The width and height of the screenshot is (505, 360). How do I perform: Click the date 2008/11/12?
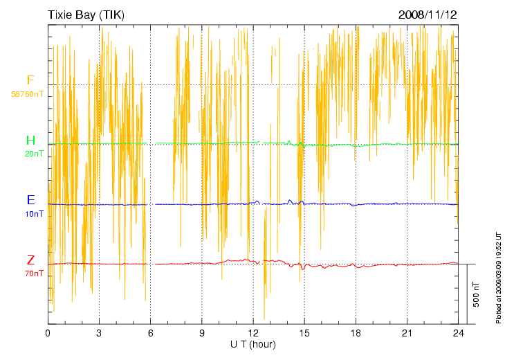[x=428, y=15]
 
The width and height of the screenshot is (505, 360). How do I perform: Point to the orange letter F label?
[x=30, y=80]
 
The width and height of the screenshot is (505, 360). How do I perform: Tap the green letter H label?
[x=30, y=141]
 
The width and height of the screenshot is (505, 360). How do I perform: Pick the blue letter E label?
[x=30, y=200]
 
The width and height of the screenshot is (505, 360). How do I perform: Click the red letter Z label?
[x=30, y=260]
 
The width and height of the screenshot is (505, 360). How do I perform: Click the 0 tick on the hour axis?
[x=48, y=333]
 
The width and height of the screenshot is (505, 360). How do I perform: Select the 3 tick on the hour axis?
[x=99, y=333]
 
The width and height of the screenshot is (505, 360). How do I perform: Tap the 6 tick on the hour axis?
[x=151, y=333]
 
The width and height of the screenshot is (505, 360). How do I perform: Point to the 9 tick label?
[x=202, y=333]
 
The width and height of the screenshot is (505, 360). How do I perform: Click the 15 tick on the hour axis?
[x=304, y=333]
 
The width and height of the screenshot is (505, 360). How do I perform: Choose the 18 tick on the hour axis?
[x=356, y=333]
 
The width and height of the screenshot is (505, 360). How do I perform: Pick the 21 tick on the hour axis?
[x=407, y=333]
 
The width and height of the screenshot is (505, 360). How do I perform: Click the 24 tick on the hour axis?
[x=459, y=333]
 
